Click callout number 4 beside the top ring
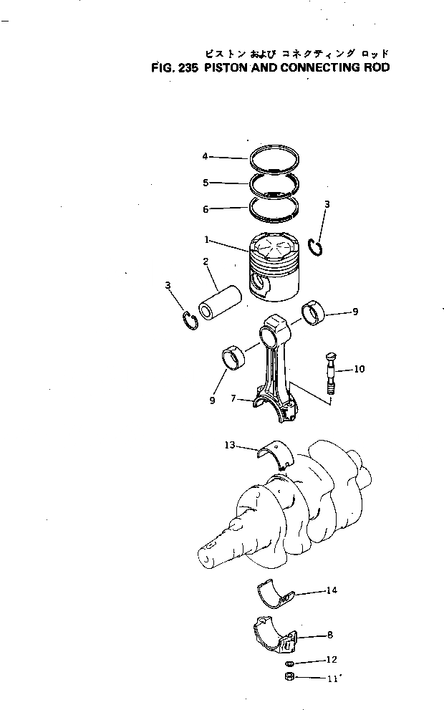(205, 155)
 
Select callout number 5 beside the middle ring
(205, 183)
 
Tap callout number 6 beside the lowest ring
(205, 209)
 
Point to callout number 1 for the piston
(206, 239)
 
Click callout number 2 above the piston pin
(205, 262)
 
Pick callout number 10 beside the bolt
(359, 370)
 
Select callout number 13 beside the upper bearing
(229, 445)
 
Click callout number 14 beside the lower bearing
(331, 590)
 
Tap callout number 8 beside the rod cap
(330, 635)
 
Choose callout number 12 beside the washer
(332, 660)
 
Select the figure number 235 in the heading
(185, 68)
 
